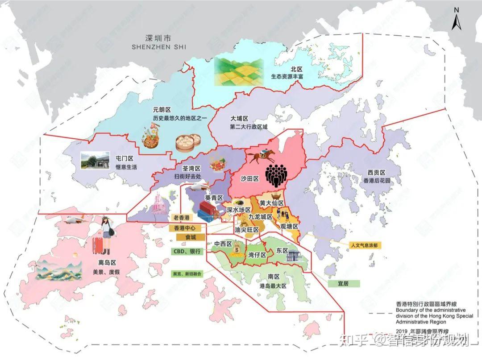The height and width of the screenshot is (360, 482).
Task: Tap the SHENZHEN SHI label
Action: click(x=159, y=47)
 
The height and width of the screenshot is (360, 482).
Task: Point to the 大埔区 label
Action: click(x=239, y=119)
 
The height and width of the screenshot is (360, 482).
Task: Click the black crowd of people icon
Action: click(x=275, y=175)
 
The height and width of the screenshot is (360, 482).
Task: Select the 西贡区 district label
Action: click(x=376, y=173)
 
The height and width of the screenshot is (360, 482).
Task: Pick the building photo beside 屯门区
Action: click(x=95, y=160)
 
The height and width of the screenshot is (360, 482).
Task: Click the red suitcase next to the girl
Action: click(x=98, y=246)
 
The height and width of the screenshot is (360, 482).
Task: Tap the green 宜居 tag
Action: click(x=344, y=283)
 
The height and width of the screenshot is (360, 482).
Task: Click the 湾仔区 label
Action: click(x=257, y=255)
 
